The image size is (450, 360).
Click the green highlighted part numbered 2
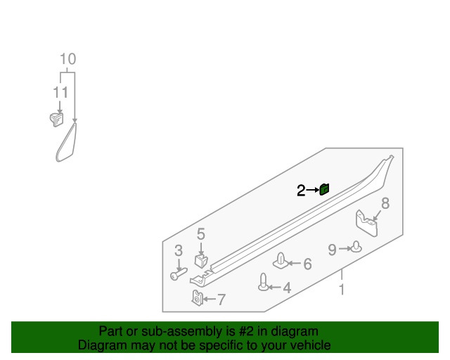tap(324, 189)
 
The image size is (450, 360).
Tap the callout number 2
tap(301, 191)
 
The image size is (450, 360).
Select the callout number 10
tap(68, 59)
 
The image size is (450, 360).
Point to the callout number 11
tap(60, 92)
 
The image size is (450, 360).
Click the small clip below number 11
tap(56, 120)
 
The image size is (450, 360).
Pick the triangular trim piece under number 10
tap(67, 142)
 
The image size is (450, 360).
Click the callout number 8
tap(385, 203)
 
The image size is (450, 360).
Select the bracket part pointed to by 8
tap(366, 224)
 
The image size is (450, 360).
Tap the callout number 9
tap(333, 250)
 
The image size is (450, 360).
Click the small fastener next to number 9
tap(356, 247)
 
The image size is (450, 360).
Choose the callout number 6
tap(308, 264)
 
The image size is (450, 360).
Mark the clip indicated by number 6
tap(281, 261)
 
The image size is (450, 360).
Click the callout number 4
tap(287, 288)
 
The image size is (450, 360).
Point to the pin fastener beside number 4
tap(264, 282)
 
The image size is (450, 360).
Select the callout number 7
tap(221, 300)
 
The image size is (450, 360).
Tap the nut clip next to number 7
tap(198, 298)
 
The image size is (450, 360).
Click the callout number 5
tap(201, 234)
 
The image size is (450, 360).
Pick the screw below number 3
tap(179, 274)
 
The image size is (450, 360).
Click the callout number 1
tap(342, 289)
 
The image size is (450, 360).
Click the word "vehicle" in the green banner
tap(312, 345)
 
